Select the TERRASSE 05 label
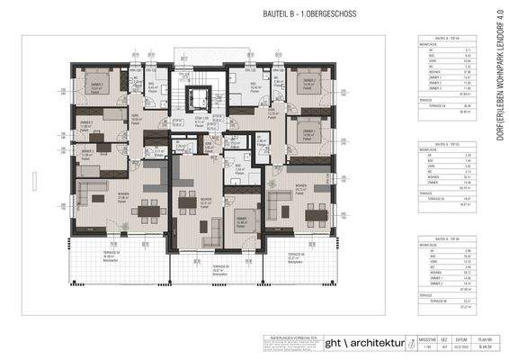(221, 266)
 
